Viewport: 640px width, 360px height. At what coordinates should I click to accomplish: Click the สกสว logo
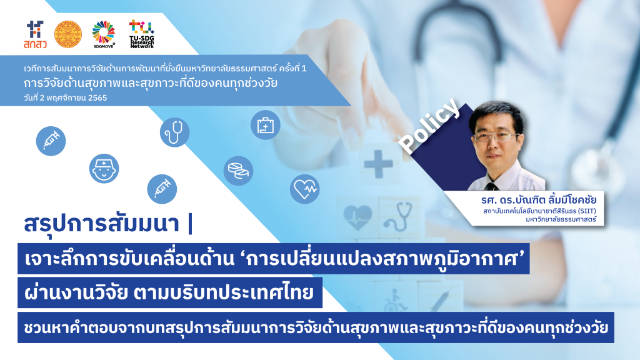35,35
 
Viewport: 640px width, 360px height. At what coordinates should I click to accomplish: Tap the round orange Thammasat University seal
68,35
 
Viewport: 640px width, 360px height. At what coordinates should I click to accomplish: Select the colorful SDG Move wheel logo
104,34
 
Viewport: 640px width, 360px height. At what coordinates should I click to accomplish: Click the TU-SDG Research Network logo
142,34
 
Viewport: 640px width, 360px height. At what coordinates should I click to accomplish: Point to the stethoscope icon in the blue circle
175,132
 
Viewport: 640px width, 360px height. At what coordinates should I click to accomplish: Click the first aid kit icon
265,125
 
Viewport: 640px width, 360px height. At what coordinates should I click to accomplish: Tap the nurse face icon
104,169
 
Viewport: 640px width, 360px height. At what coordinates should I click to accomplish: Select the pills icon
238,171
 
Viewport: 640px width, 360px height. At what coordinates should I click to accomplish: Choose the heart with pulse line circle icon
304,189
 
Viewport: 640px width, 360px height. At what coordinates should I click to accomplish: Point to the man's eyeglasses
497,137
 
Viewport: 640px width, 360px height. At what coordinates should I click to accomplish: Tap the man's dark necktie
491,186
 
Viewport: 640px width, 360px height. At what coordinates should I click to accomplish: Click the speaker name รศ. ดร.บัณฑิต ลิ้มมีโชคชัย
539,200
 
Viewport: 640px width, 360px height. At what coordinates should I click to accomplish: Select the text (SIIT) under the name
587,211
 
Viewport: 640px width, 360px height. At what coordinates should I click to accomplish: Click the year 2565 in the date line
97,98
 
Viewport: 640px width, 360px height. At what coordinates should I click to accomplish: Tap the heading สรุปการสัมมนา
102,224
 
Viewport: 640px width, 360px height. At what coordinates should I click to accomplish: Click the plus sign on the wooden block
378,164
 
